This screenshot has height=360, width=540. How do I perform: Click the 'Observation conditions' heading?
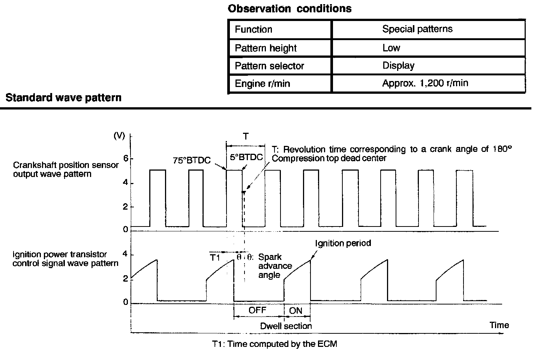tap(289, 9)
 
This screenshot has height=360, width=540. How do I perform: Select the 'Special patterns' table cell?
tap(417, 29)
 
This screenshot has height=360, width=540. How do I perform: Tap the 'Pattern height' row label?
tap(265, 48)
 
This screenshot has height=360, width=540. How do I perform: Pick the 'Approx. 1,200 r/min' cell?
tap(425, 83)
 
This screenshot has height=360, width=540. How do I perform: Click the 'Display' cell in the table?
tap(398, 66)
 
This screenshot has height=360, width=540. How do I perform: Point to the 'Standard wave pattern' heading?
tap(63, 98)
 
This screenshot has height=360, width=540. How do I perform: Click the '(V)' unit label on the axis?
tap(119, 136)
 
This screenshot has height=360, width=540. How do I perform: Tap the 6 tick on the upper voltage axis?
tap(126, 159)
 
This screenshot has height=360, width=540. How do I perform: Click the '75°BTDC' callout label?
tap(192, 160)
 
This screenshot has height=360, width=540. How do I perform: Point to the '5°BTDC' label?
tap(246, 157)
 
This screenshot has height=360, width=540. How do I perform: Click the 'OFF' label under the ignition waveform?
tap(258, 310)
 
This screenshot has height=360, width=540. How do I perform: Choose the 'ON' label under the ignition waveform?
tap(296, 310)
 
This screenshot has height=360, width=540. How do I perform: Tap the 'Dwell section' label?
tap(286, 326)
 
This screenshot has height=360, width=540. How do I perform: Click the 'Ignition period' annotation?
tap(343, 243)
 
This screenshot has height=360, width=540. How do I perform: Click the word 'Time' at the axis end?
tap(499, 325)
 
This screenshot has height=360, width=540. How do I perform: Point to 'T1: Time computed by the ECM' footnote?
tap(274, 343)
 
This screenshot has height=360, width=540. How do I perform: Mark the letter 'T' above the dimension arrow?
tap(246, 136)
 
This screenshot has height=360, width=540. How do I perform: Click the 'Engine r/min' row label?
tap(262, 83)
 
